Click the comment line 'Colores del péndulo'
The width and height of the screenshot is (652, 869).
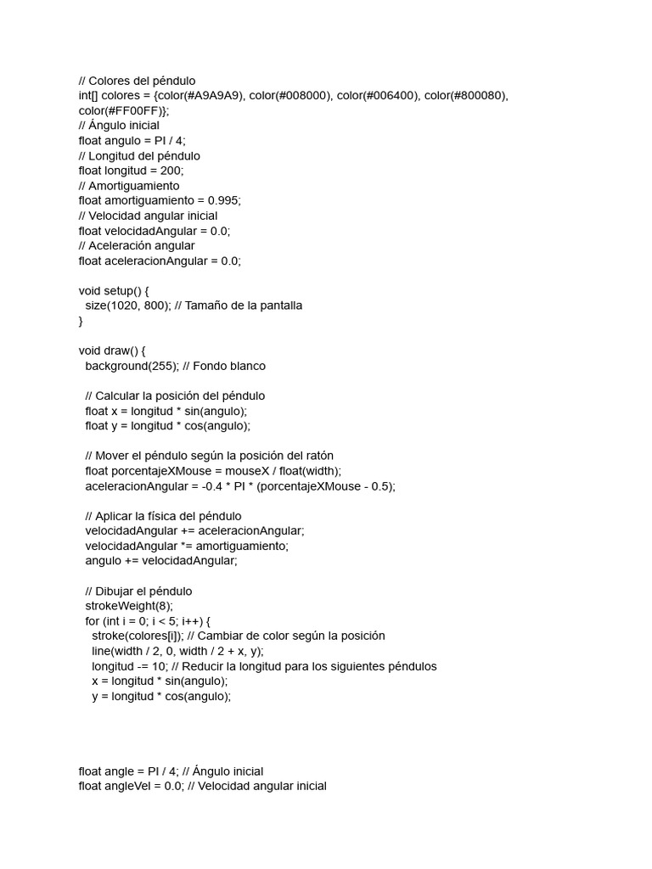click(144, 81)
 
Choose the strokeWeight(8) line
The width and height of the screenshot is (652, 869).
click(128, 606)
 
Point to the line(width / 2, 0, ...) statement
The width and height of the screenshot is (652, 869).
click(177, 651)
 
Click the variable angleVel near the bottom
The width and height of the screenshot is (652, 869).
click(132, 787)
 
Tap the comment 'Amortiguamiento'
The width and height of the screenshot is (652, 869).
click(134, 186)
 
